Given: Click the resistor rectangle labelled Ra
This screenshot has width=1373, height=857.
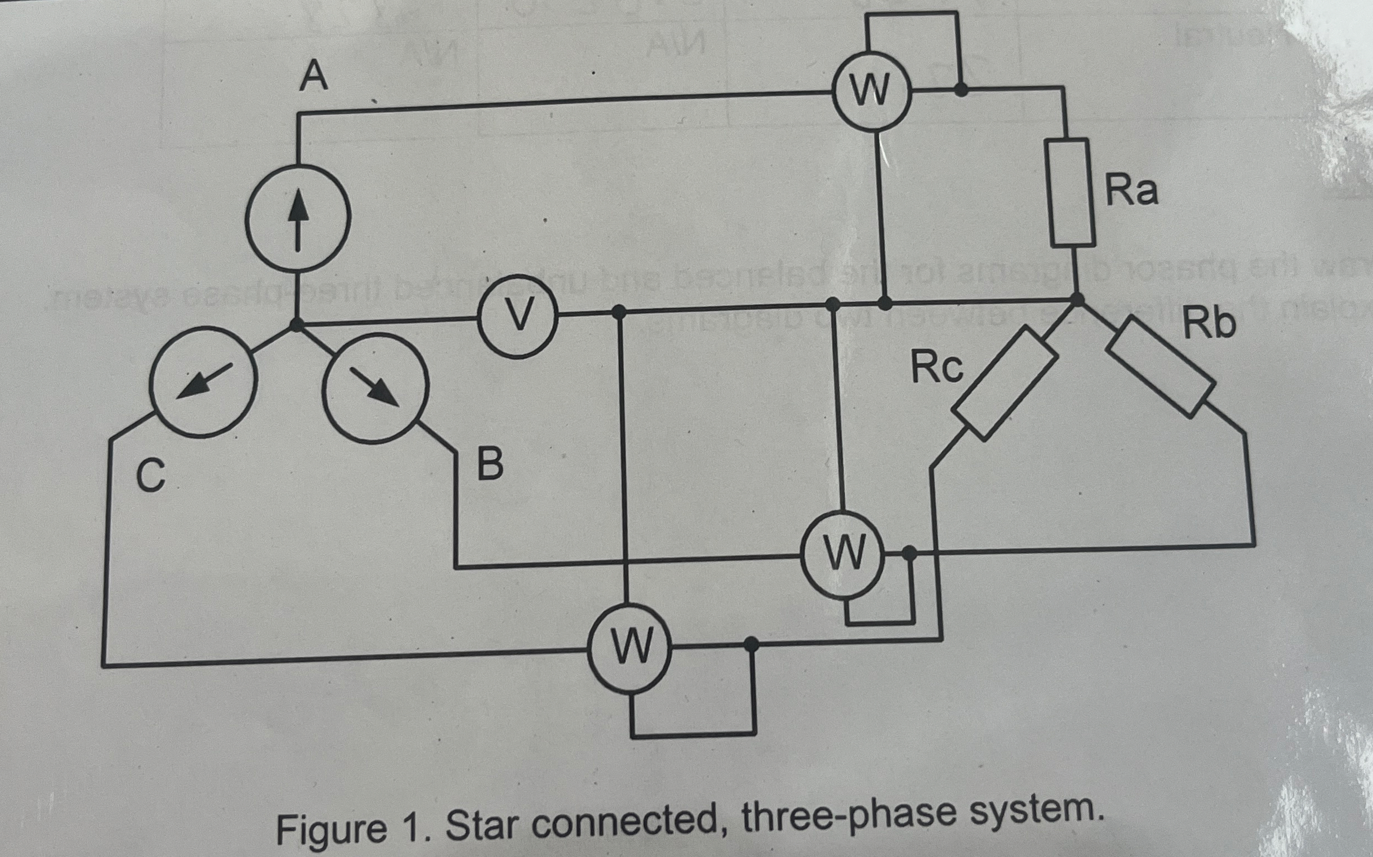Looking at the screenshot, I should pyautogui.click(x=1071, y=192).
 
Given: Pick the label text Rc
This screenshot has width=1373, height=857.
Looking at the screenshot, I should pyautogui.click(x=937, y=368).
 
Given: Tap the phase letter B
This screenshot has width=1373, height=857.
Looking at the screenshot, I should pyautogui.click(x=490, y=463).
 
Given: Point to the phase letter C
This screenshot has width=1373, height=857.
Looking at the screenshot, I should pyautogui.click(x=151, y=474).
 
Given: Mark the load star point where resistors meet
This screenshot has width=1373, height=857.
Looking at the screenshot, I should pyautogui.click(x=1077, y=300).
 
